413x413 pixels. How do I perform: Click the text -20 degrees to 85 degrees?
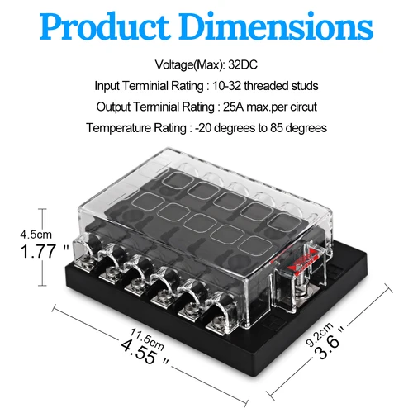[x=261, y=128]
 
